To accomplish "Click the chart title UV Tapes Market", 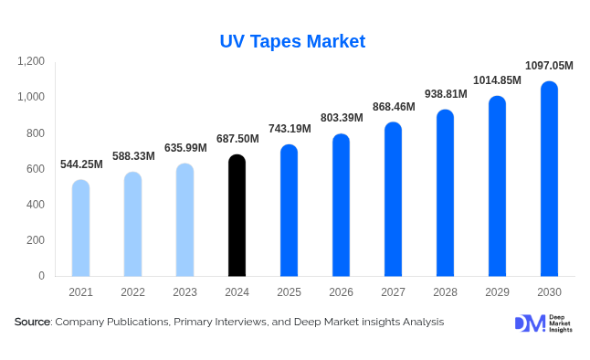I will click(x=292, y=41).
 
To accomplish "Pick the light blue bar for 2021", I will click(x=80, y=228).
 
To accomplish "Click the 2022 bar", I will click(x=132, y=224).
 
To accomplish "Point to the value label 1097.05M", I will click(x=549, y=66).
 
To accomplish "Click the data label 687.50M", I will click(x=237, y=139).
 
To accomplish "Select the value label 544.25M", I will click(x=81, y=164).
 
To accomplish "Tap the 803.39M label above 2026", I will click(x=342, y=119).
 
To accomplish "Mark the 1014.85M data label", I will click(x=497, y=80).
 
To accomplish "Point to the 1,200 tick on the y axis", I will click(x=30, y=61).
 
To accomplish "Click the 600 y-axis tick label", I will click(x=35, y=169).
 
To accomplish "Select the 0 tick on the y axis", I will click(x=41, y=276).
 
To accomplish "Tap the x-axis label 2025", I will click(x=289, y=292).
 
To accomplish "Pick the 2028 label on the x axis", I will click(x=445, y=292).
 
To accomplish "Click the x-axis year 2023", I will click(x=184, y=292).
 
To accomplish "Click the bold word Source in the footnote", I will click(x=32, y=322).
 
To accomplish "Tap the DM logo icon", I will click(x=530, y=323).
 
